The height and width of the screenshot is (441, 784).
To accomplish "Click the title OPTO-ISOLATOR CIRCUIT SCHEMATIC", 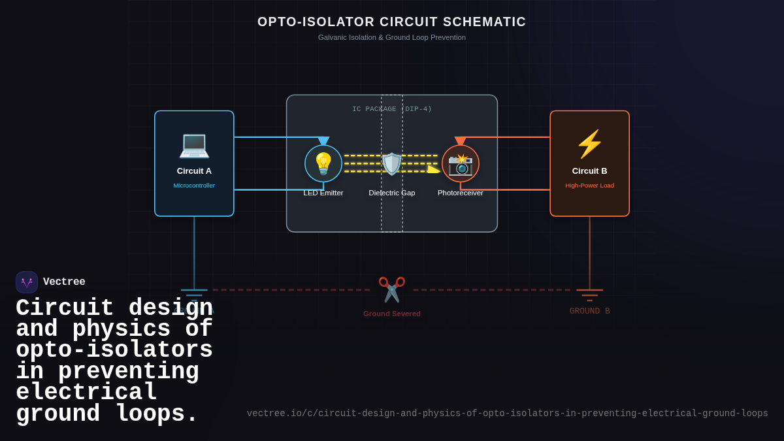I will [392, 22].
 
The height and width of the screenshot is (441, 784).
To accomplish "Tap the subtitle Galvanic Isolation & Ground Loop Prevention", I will [392, 37].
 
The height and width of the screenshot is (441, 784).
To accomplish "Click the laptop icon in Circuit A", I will [194, 144].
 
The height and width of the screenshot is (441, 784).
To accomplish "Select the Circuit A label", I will [194, 171].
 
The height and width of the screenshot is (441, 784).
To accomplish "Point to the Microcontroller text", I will [194, 186].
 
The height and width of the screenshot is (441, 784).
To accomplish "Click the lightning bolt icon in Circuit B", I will [589, 144].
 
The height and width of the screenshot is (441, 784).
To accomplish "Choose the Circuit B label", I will [589, 171].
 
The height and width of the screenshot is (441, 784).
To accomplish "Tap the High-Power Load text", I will [589, 186].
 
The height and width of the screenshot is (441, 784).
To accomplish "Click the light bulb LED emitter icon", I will [323, 163].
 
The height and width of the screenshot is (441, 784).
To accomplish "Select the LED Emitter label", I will [323, 193].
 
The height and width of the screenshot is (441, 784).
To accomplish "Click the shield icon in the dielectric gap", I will [392, 163].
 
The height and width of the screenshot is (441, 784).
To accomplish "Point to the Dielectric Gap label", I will [392, 193].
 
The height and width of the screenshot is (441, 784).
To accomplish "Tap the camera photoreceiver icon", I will [461, 164].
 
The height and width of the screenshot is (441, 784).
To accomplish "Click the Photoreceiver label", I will [461, 193].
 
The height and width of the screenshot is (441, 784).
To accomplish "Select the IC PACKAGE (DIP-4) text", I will [392, 109].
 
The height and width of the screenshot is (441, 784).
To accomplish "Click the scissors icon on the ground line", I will [392, 289].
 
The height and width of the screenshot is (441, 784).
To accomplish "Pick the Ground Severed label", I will [392, 314].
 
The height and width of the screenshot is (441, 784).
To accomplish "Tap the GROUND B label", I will [589, 311].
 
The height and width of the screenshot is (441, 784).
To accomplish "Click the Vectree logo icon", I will [27, 282].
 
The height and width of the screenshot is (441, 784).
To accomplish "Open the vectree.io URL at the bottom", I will [507, 414].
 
